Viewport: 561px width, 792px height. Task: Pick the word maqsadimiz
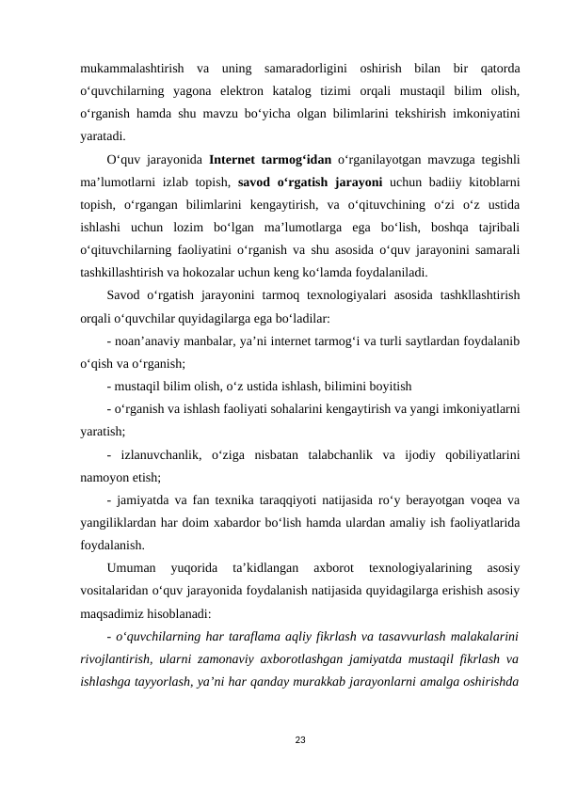pos(113,611)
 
